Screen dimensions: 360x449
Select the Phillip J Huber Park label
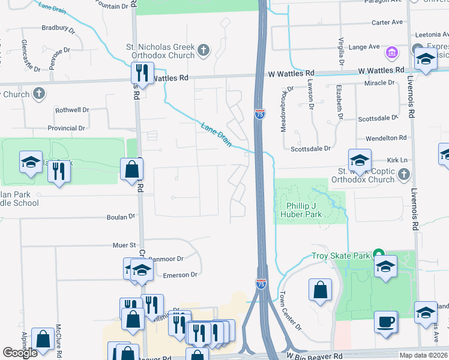coord(301,209)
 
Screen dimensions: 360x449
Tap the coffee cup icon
coord(385,322)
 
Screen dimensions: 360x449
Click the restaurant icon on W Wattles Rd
coord(142,73)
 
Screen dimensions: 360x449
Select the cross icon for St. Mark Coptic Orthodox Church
coord(404,175)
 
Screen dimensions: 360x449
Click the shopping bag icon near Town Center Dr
coord(321,290)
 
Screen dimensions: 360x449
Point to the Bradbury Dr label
coord(58,28)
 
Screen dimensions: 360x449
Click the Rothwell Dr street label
coord(71,110)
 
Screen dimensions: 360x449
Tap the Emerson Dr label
coord(180,275)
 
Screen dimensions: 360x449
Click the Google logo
coord(20,353)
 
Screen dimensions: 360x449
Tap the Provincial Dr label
coord(66,128)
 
